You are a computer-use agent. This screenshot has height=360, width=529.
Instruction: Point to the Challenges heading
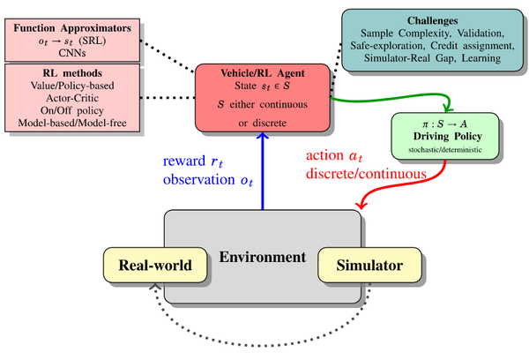[432, 19]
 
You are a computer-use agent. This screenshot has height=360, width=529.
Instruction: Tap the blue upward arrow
[263, 176]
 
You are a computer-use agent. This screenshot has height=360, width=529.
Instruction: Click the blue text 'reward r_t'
[195, 162]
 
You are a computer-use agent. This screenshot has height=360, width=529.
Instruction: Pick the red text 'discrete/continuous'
[365, 173]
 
